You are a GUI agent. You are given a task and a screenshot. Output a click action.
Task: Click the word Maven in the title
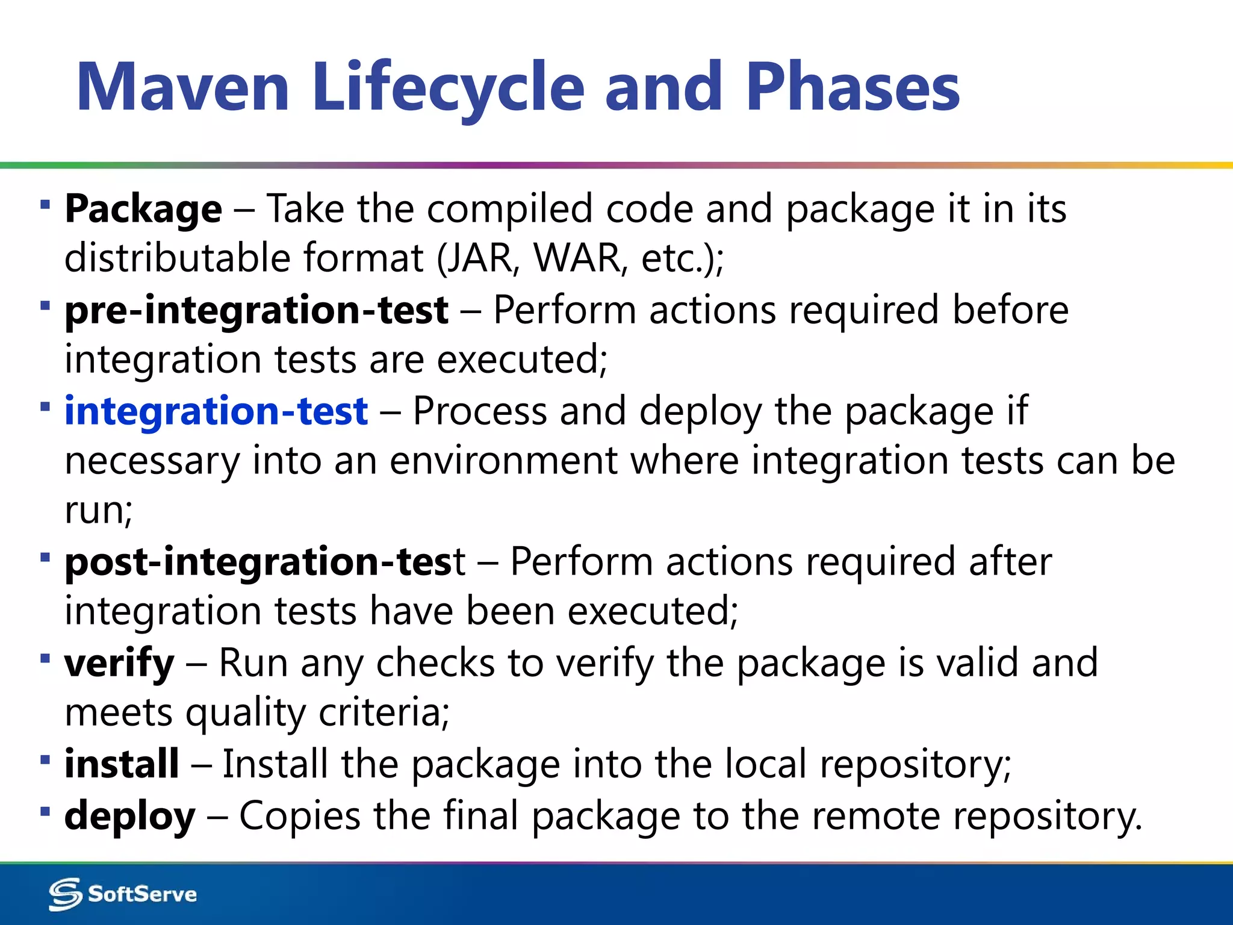183,87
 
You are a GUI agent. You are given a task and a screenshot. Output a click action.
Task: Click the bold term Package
143,209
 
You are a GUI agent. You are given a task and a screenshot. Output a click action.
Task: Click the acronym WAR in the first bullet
577,258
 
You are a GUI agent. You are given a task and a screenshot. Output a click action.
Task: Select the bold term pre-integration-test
256,311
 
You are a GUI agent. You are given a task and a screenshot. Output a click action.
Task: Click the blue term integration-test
216,411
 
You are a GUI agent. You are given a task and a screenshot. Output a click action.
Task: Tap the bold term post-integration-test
265,562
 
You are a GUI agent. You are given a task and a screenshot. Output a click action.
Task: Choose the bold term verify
119,663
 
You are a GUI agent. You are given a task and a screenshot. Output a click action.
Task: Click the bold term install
122,764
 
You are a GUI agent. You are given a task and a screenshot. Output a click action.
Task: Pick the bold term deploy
130,816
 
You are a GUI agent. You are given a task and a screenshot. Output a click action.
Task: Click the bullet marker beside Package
45,205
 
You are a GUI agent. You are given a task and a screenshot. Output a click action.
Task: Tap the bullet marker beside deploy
45,811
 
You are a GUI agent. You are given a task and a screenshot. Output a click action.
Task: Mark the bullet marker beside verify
45,658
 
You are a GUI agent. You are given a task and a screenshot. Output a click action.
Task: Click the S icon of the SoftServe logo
65,894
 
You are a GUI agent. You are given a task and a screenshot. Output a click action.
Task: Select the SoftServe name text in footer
142,894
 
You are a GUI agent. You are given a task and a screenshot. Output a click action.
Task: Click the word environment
504,461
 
